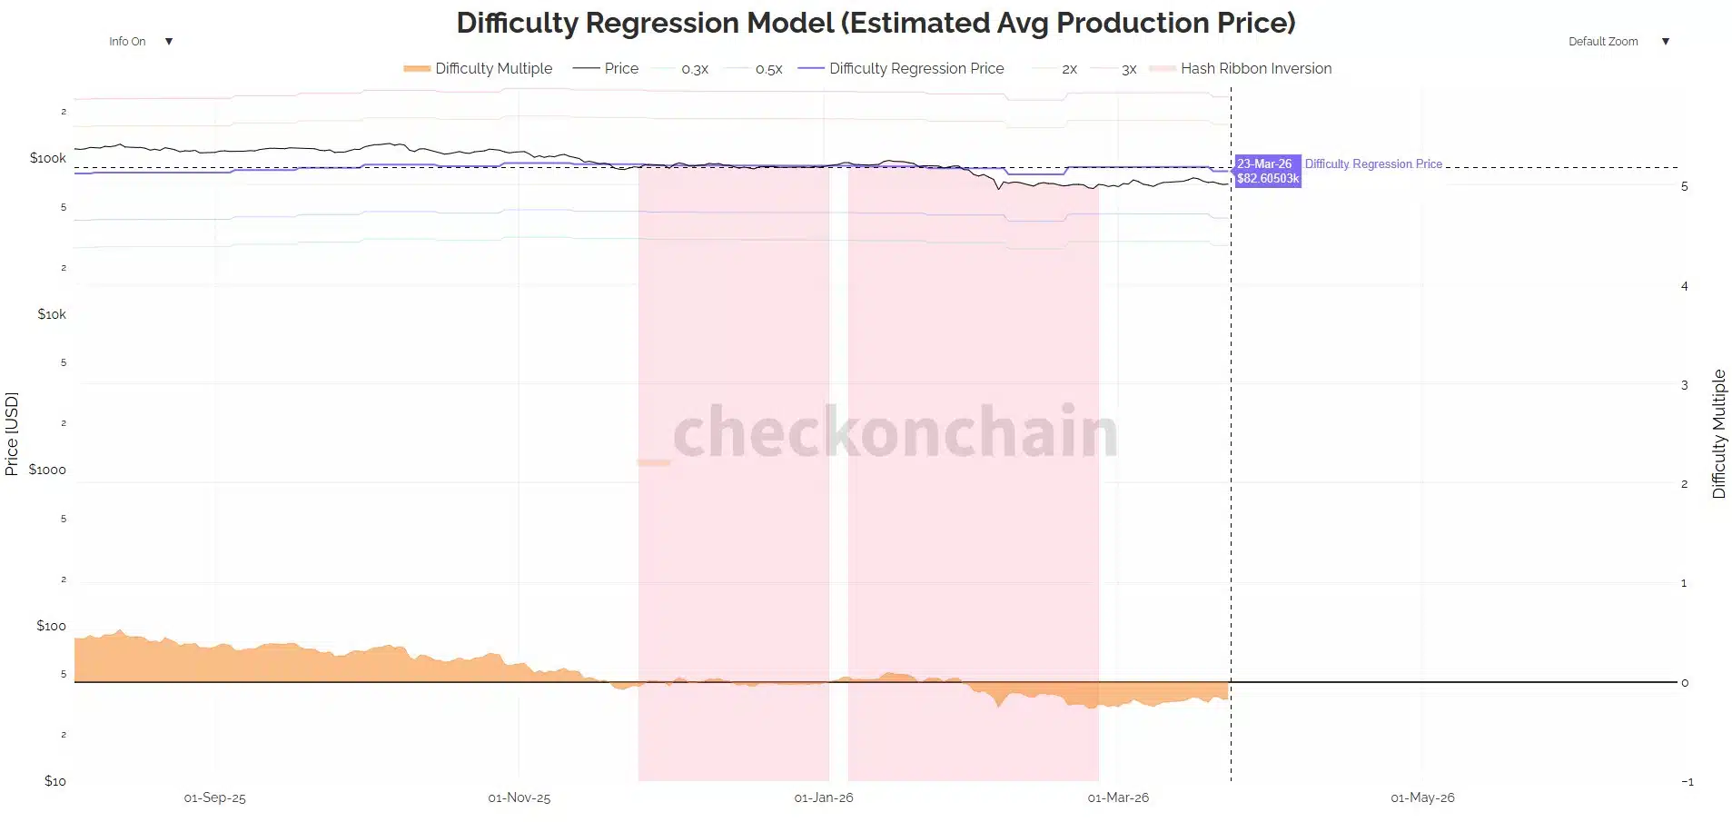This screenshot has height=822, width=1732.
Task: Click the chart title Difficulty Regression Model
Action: (876, 23)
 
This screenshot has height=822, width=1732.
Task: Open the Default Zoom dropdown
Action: (1618, 42)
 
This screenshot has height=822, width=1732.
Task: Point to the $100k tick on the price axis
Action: (48, 158)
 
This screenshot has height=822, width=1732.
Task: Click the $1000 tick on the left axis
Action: (47, 470)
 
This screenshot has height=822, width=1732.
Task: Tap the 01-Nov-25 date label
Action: (519, 797)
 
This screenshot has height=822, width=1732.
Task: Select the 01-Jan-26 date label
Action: (824, 797)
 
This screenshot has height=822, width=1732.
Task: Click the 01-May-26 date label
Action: (1422, 797)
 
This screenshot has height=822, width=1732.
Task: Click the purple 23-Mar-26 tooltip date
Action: (1264, 164)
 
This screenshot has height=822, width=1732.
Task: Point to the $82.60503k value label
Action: (1268, 179)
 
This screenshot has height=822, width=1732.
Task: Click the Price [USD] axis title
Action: (12, 433)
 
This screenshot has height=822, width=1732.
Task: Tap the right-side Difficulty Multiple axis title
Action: (1718, 433)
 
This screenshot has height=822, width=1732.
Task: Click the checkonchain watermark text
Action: (895, 432)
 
